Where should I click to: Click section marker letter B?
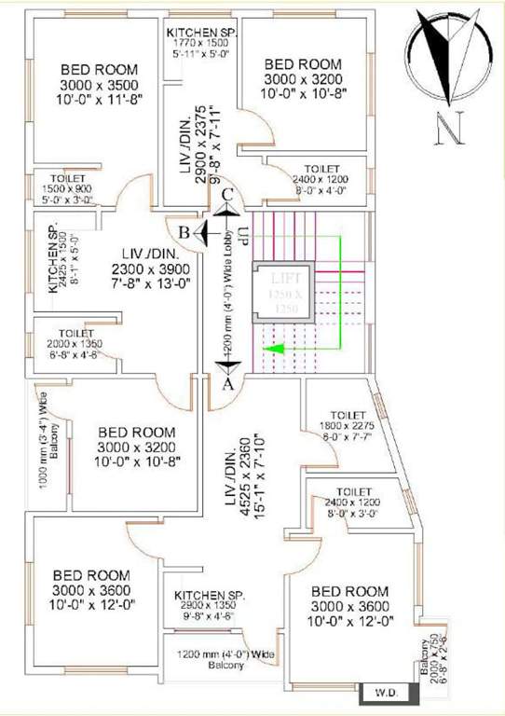pos(185,231)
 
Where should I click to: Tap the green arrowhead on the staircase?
pos(271,349)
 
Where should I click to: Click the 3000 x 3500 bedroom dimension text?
pos(99,85)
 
